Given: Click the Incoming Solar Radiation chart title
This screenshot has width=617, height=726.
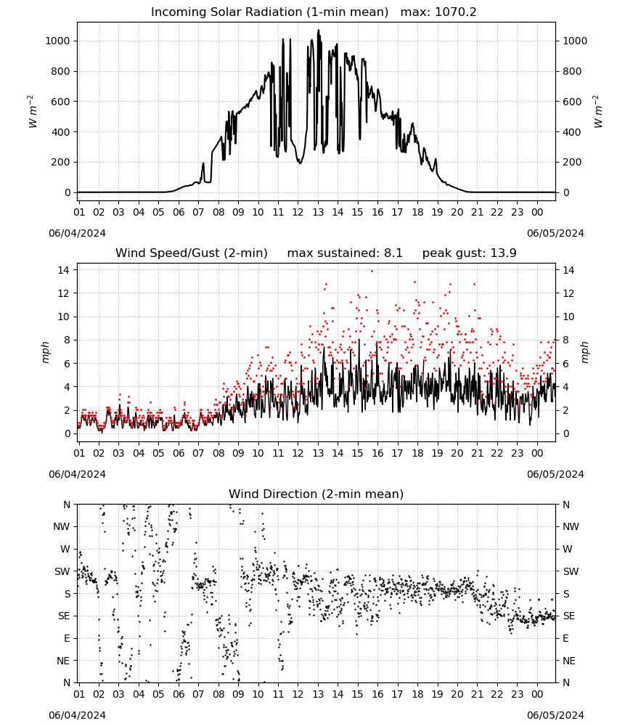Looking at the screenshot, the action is [269, 12].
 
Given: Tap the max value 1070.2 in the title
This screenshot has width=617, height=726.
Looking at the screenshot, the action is [455, 12].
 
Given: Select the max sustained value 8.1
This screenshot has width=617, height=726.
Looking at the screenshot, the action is [393, 253].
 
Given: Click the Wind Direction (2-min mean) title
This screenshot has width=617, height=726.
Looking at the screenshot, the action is [316, 494].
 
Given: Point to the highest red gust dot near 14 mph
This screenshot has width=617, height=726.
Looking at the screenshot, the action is [372, 272].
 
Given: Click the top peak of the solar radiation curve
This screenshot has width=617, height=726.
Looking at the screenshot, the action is [318, 30].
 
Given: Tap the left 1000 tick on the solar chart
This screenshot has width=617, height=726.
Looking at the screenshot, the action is [57, 41].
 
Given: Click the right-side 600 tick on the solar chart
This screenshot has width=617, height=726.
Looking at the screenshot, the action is [572, 102].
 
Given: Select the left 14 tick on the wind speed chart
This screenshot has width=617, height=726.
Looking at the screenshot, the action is [64, 270].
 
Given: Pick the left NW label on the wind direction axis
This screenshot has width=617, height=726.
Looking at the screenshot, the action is [62, 527].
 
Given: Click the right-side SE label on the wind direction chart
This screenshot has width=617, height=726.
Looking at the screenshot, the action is [569, 616].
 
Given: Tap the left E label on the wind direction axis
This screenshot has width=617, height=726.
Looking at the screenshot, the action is [67, 638].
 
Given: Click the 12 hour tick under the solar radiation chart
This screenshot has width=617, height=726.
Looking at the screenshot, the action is [298, 212].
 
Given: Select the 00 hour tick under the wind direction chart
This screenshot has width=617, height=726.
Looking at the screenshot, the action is [537, 694].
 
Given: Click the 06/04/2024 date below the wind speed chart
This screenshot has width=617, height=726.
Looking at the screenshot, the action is [77, 474].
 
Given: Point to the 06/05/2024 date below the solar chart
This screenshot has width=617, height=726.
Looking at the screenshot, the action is [555, 233].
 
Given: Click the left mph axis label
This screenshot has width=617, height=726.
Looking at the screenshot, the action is [45, 352].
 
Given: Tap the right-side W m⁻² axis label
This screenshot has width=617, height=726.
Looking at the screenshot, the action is [597, 112].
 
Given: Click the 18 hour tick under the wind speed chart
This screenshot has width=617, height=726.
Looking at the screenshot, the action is [417, 453].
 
